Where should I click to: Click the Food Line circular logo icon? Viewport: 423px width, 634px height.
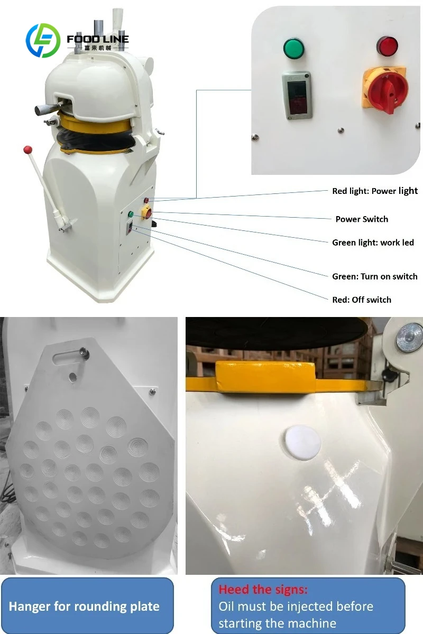43,41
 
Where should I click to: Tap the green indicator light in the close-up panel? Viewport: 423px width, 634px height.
294,49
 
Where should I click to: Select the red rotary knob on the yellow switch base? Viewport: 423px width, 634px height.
388,92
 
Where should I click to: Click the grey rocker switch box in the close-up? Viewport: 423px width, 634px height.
296,96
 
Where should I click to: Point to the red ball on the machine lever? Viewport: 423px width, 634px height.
28,149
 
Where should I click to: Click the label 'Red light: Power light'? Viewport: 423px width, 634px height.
375,191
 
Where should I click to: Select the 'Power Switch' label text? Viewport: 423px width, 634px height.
362,219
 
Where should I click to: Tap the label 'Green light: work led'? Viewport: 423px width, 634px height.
373,243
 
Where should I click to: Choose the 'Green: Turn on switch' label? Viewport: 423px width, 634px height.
374,276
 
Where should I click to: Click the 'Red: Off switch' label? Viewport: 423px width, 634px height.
362,300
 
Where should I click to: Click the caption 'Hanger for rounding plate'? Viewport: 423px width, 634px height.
84,607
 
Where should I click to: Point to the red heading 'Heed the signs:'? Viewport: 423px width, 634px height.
263,590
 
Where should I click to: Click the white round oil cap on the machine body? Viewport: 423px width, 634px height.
302,442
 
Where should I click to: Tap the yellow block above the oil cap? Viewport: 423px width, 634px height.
265,377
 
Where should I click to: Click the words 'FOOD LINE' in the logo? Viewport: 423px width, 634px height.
98,39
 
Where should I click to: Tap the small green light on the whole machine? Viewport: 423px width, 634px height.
131,215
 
